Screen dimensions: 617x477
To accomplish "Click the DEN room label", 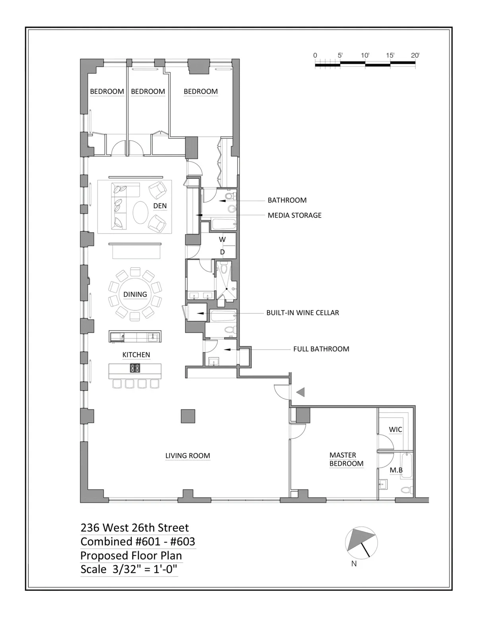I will (x=160, y=206).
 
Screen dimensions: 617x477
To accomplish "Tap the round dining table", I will (x=135, y=294).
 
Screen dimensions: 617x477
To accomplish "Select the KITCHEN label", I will (x=136, y=355).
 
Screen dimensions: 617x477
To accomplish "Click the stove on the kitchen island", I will (x=135, y=368).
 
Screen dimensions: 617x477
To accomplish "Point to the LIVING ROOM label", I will (x=188, y=456).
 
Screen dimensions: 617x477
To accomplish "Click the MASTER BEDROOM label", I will (x=346, y=459).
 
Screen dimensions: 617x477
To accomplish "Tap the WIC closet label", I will (x=395, y=429).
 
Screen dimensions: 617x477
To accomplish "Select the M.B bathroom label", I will (x=396, y=470).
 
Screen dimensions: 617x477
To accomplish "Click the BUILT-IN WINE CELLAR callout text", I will (x=302, y=313).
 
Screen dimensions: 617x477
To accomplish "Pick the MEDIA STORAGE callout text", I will (x=294, y=215).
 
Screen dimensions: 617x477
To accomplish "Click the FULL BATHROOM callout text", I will (x=321, y=349).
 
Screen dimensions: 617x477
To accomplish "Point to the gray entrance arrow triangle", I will (x=301, y=392).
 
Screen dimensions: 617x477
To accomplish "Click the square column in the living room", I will (x=188, y=416).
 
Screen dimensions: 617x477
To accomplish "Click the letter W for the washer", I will (x=222, y=240).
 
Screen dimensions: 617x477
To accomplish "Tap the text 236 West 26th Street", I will (x=135, y=528).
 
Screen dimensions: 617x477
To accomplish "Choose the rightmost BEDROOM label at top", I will (x=200, y=91).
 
